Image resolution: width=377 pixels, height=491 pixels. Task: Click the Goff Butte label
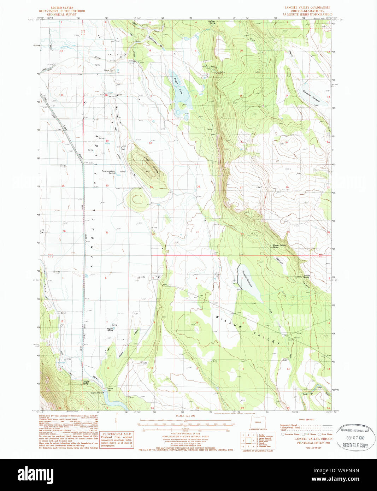pos(151,164)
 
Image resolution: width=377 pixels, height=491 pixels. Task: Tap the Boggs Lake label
pos(178,86)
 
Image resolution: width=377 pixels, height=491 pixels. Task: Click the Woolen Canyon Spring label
pos(279,246)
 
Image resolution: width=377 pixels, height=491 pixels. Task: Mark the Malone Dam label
pos(110,389)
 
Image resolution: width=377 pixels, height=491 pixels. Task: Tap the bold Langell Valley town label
pos(86,382)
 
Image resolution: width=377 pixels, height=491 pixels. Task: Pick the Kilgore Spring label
pos(110,330)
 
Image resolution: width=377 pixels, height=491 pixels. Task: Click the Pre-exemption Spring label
pos(108,172)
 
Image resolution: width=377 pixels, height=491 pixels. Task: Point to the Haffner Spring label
pos(212,22)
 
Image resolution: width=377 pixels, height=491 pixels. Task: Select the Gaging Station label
pos(97,393)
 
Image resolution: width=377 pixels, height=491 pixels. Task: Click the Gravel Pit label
pos(108,70)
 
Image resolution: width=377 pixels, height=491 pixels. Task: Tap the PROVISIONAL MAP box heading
pos(117,434)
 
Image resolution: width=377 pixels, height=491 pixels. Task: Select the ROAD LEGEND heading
pos(306,420)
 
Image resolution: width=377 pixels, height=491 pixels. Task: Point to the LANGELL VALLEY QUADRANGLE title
pos(307,7)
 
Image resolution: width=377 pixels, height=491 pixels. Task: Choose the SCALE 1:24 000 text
pos(185,416)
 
